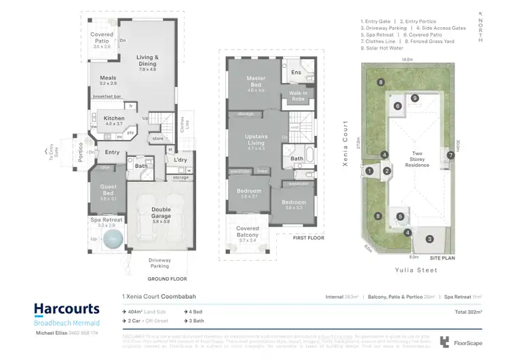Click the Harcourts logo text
[x=67, y=310]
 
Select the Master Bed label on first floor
[x=255, y=83]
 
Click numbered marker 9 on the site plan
[x=415, y=98]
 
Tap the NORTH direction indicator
[x=480, y=27]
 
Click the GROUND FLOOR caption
[x=168, y=278]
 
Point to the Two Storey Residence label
[x=417, y=159]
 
